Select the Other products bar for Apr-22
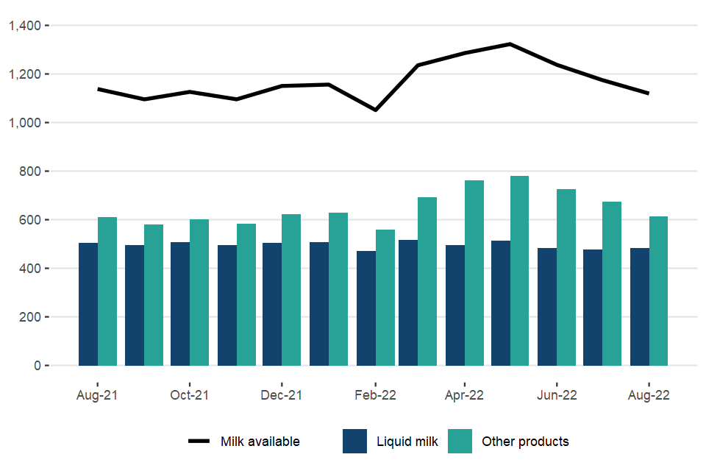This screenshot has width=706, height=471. [474, 273]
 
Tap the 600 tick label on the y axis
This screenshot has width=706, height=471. [34, 220]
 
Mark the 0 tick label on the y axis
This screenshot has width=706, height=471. [39, 366]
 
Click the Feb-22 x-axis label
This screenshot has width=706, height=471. [375, 395]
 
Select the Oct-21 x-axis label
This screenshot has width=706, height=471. [190, 395]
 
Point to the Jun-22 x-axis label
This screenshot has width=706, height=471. [557, 395]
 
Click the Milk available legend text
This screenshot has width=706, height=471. [260, 442]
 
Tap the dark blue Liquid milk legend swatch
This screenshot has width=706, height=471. [354, 442]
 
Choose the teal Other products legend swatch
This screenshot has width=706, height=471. [460, 442]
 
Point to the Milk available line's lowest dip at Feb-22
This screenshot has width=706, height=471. [375, 110]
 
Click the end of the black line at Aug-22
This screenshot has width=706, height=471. [649, 93]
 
